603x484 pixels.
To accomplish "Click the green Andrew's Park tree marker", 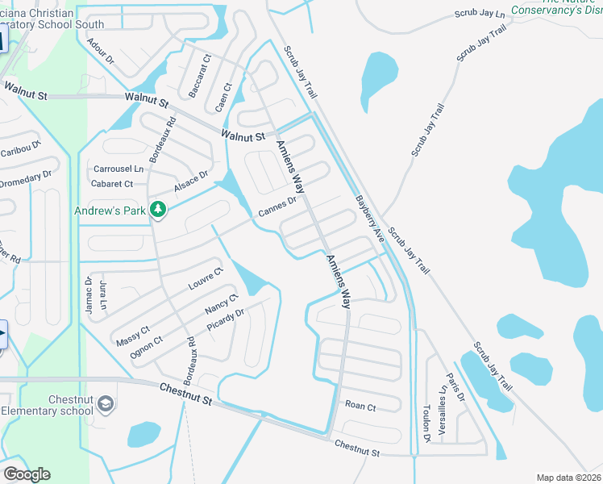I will pos(159,210).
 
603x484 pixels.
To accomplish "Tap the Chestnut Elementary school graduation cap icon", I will pos(105,403).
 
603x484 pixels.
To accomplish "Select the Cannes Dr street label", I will pos(278,207).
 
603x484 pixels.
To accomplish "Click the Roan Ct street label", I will pos(360,407).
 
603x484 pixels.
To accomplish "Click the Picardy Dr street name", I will pos(225,321).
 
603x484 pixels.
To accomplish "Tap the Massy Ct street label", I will pos(133,334).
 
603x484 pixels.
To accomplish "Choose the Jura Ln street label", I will pos(102,297).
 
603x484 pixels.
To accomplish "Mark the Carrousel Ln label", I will pos(119,169).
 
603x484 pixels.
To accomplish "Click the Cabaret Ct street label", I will pos(113,184).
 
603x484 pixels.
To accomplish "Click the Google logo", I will pos(27,474).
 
